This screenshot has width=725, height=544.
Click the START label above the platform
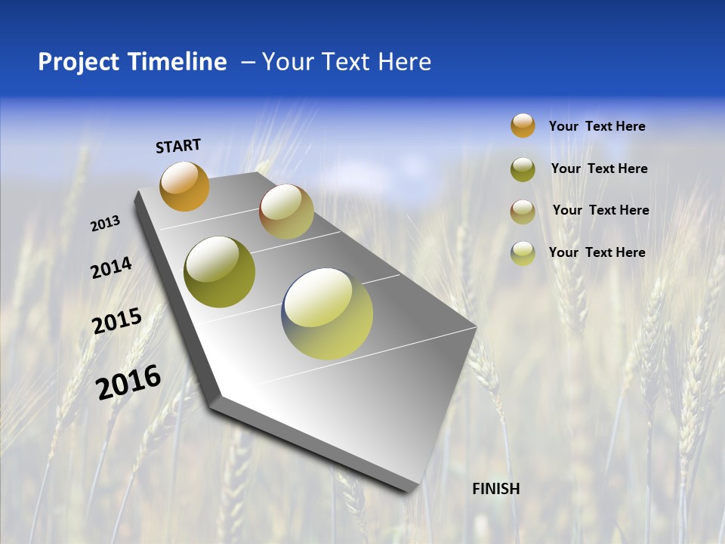point(178,145)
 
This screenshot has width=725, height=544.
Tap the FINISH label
point(496,489)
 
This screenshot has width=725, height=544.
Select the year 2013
point(105,224)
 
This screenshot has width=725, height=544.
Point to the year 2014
point(111,267)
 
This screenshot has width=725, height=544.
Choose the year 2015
point(117,321)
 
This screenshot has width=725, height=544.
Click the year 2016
point(128,382)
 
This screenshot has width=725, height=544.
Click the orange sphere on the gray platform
point(184,186)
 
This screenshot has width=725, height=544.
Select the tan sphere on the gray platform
point(286,212)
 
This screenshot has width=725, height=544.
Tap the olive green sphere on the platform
point(220,272)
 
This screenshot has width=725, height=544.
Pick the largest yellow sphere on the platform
point(327,314)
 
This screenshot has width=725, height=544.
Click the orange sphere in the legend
point(523,125)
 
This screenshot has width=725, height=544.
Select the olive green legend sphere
point(523,169)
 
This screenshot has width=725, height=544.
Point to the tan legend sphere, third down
point(523,212)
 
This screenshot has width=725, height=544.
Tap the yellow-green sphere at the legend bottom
point(523,253)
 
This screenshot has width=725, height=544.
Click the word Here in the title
point(404,62)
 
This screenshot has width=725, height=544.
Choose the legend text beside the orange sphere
point(597,126)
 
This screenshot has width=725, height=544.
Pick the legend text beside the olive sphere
point(599,168)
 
